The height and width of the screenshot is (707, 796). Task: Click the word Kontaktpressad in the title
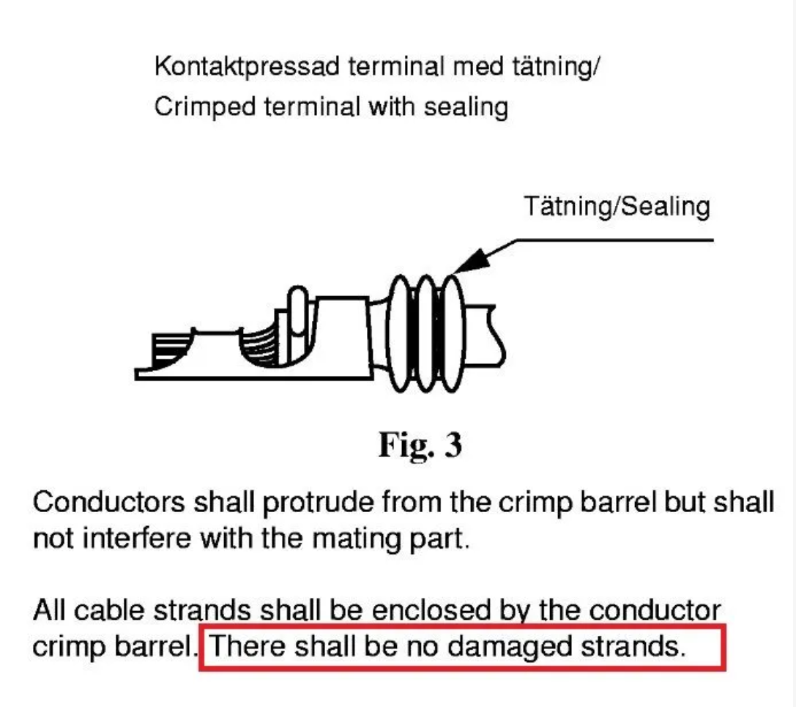click(247, 67)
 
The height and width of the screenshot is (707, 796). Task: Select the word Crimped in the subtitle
click(204, 108)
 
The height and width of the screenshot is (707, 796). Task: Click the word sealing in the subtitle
click(466, 108)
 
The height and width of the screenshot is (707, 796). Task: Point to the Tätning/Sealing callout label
click(617, 207)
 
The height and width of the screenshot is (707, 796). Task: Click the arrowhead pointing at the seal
click(470, 261)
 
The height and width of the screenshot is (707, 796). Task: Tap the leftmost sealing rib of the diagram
click(401, 333)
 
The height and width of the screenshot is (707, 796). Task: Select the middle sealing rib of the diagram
click(425, 333)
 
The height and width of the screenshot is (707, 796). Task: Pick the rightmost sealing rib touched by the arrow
click(450, 333)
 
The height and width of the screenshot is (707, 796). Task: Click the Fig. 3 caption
click(420, 445)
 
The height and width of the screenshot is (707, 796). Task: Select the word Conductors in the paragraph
click(109, 503)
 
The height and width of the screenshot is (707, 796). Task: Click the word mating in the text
click(357, 539)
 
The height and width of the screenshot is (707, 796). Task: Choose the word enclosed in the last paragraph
click(431, 610)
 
